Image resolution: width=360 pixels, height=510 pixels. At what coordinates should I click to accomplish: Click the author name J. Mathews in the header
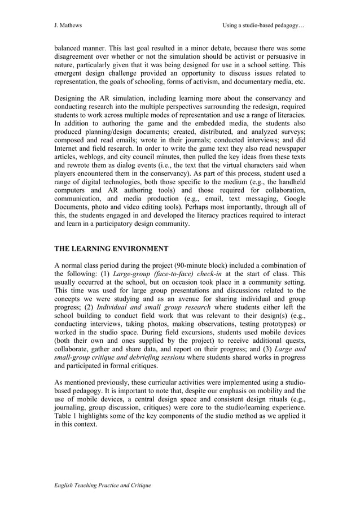pyautogui.click(x=67, y=25)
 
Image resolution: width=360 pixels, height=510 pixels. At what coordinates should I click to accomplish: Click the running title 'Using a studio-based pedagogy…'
pyautogui.click(x=264, y=25)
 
